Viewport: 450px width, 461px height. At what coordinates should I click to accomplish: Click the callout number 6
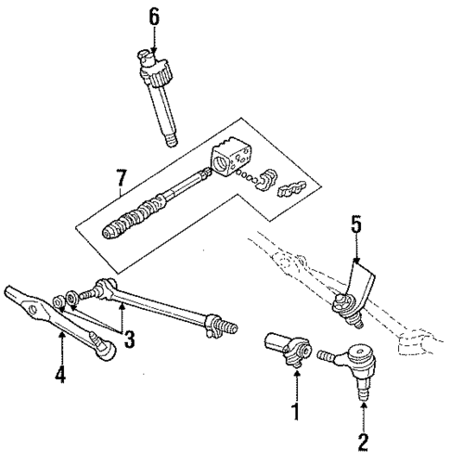(x=155, y=16)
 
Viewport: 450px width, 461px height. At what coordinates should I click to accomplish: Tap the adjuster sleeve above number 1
(x=288, y=349)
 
